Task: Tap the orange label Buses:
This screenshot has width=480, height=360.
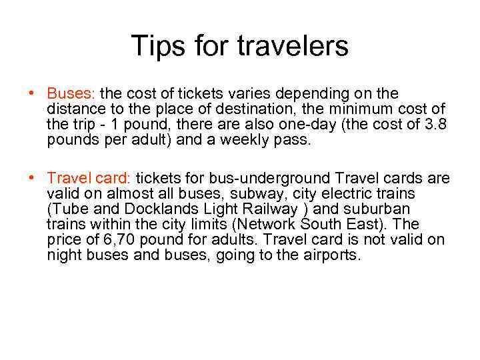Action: click(x=71, y=93)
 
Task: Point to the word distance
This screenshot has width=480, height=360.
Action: click(x=74, y=109)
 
